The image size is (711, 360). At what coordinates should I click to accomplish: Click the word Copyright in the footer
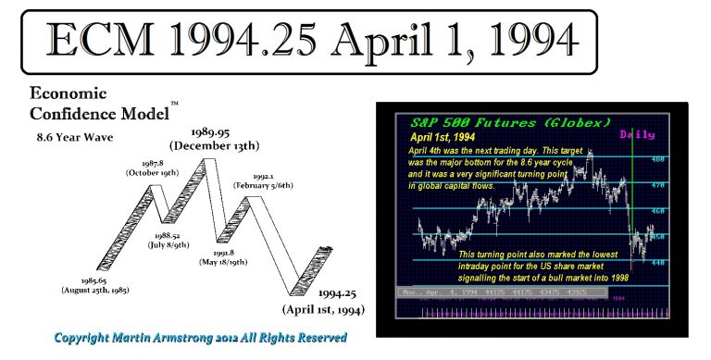pyautogui.click(x=90, y=339)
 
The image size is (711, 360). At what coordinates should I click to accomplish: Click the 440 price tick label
pyautogui.click(x=657, y=262)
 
